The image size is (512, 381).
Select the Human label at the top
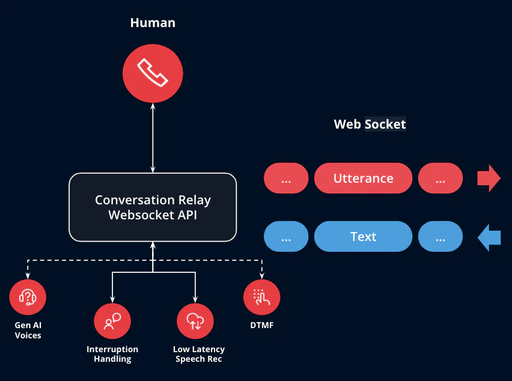(153, 23)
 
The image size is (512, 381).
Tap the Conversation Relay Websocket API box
(153, 207)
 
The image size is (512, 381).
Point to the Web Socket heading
(370, 124)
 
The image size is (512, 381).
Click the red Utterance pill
(363, 178)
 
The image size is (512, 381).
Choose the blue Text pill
(363, 237)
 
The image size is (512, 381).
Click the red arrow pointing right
(488, 178)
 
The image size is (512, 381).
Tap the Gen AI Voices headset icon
(28, 297)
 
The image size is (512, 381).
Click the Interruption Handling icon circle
(112, 321)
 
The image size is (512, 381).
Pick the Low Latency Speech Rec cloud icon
(195, 321)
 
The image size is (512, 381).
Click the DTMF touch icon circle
(261, 297)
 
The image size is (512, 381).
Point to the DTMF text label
(261, 325)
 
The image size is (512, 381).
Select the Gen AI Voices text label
(28, 330)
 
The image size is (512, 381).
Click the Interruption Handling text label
(112, 354)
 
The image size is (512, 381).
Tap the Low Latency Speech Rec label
(198, 354)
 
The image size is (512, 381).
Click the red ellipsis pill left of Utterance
(286, 178)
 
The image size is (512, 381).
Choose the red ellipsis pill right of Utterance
(440, 178)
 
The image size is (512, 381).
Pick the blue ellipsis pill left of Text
(286, 237)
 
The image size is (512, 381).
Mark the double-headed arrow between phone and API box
(153, 137)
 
